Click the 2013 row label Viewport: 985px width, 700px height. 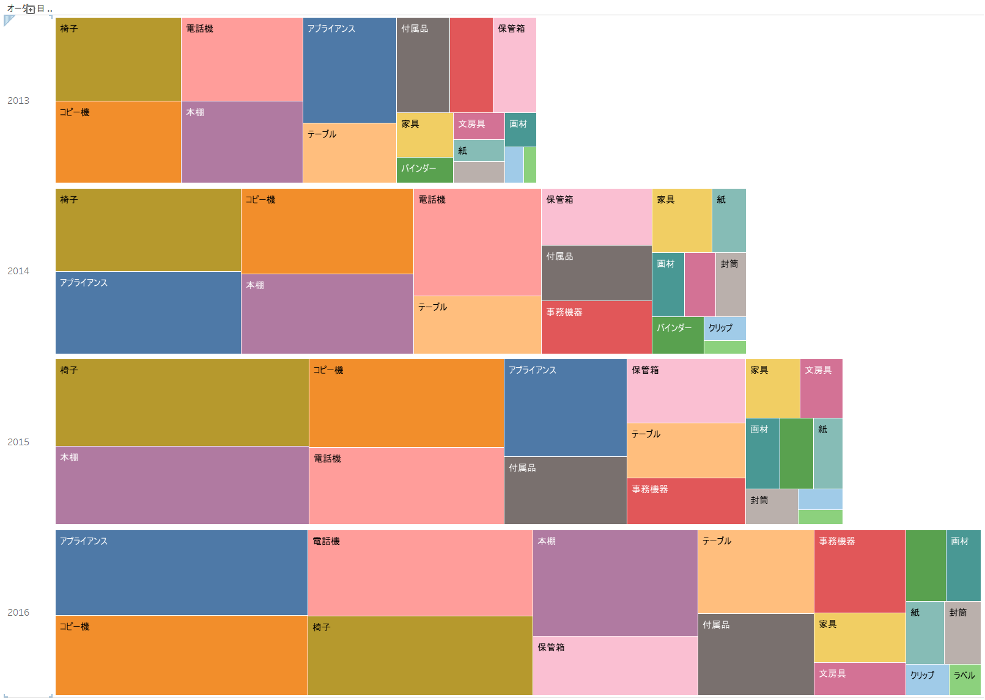(18, 101)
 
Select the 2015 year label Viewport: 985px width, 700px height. (18, 442)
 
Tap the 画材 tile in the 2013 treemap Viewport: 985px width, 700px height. (520, 129)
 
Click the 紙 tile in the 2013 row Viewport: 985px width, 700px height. (479, 150)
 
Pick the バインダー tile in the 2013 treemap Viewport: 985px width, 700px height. (425, 170)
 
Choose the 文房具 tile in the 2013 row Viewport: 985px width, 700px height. (479, 126)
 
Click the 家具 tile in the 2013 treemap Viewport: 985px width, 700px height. (425, 135)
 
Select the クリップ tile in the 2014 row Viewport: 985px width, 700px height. (725, 329)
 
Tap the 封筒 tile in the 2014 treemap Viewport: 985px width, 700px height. (731, 284)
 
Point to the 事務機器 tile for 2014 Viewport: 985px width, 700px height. (597, 327)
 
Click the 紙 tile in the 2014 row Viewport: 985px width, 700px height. (729, 221)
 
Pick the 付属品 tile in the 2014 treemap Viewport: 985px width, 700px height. (597, 273)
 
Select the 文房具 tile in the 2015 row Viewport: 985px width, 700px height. (821, 388)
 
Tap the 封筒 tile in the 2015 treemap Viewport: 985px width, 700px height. (772, 506)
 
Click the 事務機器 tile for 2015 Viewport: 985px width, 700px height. (686, 501)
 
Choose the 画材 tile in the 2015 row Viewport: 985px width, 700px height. (763, 453)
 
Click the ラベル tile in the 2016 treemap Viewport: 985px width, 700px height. (965, 680)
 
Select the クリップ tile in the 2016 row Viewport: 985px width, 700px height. (928, 680)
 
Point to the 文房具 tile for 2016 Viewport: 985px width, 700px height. (860, 679)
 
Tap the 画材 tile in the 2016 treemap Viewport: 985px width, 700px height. (964, 566)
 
